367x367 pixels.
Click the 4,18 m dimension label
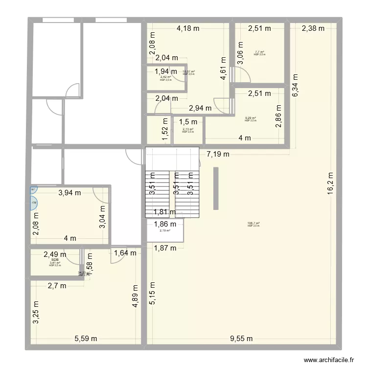tap(188, 28)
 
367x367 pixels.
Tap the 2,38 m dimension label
tap(313, 28)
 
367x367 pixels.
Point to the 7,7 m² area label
tap(259, 52)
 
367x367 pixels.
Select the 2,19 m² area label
tap(164, 230)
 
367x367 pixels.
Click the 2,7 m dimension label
tap(57, 286)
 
